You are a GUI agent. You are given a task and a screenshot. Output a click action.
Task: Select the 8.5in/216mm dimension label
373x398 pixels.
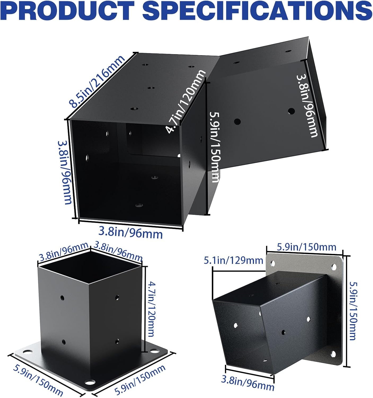[x=97, y=81]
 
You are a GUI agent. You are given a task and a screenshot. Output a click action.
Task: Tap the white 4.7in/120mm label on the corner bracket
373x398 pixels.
[x=185, y=101]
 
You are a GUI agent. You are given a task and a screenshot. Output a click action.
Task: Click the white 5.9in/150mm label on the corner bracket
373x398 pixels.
[x=215, y=147]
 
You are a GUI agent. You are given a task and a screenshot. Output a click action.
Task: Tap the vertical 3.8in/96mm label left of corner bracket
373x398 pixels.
[x=64, y=172]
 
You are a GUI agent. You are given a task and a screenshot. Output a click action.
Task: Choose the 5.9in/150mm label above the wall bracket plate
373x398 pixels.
[x=306, y=247]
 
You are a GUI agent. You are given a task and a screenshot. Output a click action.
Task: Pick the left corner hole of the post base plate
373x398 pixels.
[x=28, y=352]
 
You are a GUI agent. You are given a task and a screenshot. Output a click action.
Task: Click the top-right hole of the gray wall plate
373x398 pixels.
[x=334, y=266]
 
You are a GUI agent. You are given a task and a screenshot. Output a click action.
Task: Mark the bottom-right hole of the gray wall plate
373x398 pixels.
[x=333, y=354]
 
